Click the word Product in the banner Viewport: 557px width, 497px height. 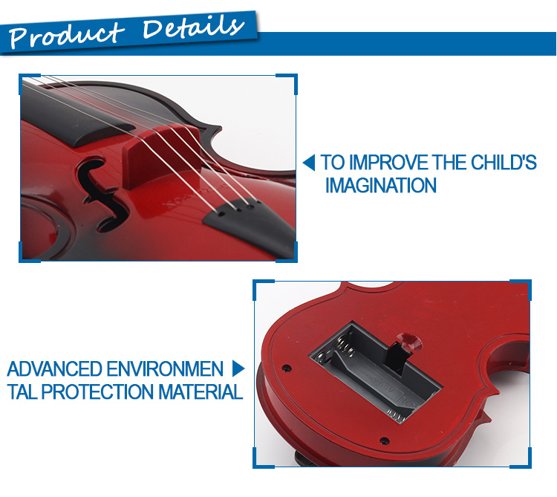tap(66, 35)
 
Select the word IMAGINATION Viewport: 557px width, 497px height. tap(381, 185)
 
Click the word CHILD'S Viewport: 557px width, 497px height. tap(504, 163)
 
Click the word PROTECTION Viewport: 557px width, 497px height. tap(98, 392)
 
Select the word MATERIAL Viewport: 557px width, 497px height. tap(201, 392)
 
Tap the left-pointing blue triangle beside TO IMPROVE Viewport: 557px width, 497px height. tap(309, 163)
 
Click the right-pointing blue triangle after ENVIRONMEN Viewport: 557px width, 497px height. tap(238, 368)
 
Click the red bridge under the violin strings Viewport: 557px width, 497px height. tap(160, 156)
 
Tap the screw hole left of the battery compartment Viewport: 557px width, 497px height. tap(287, 368)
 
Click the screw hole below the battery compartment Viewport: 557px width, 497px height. tap(384, 441)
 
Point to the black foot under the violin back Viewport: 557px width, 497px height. tap(304, 459)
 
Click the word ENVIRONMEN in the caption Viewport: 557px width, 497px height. tap(165, 368)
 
